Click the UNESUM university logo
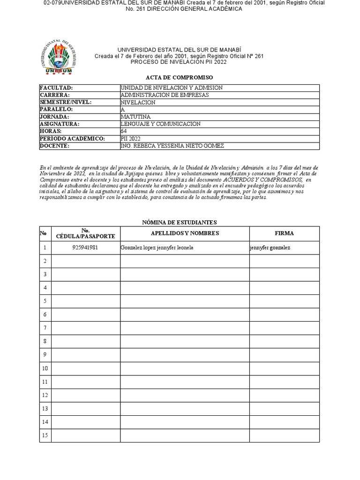pos(59,59)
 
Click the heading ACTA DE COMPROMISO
pos(179,77)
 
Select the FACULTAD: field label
pos(56,88)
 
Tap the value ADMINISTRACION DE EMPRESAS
pos(165,95)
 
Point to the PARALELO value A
pos(123,110)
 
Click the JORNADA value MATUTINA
pos(135,117)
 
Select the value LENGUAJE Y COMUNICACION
pos(160,124)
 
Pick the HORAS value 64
pos(124,131)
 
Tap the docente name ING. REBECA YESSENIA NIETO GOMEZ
pos(172,146)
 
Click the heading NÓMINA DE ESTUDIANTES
pos(179,222)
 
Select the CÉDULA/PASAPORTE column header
pos(85,233)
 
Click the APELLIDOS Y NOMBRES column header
pos(185,233)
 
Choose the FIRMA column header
pos(284,233)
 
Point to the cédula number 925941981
pos(85,247)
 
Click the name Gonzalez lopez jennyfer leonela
pos(157,247)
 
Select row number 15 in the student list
pos(45,435)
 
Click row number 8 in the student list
pos(45,341)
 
